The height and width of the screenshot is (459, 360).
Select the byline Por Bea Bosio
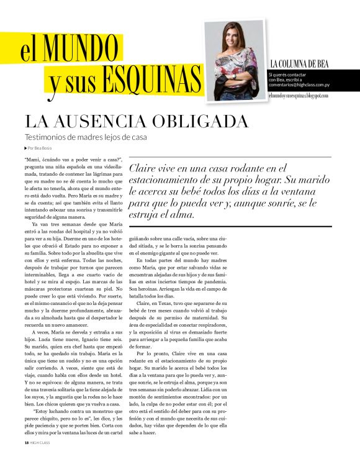[40, 148]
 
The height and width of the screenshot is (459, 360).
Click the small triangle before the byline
[25, 148]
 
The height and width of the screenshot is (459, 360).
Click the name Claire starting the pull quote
[143, 168]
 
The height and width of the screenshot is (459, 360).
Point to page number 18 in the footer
[26, 442]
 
